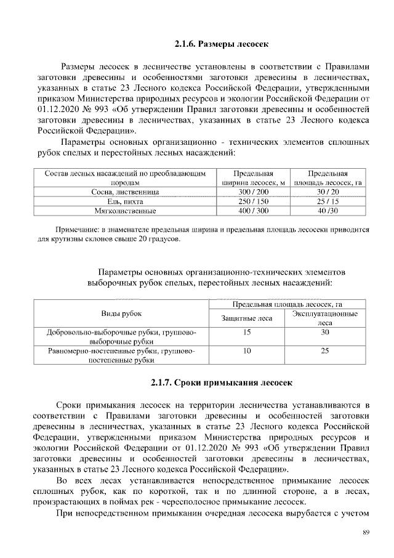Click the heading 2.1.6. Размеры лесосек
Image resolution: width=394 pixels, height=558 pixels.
tap(222, 44)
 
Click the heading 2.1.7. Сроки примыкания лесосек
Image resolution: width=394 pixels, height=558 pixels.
tap(222, 382)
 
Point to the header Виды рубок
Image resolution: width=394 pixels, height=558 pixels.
tap(121, 313)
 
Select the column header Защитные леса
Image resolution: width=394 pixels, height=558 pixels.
tap(247, 318)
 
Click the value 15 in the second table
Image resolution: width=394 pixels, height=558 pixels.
tap(247, 332)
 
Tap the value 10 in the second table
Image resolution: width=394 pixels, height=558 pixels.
tap(247, 351)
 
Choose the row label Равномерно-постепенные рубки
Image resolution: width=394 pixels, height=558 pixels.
tap(121, 355)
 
